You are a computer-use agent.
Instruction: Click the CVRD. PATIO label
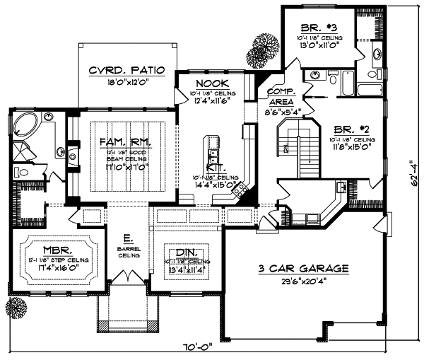click(126, 71)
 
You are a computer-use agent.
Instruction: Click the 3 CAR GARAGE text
click(304, 269)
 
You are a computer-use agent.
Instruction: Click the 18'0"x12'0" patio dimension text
click(126, 81)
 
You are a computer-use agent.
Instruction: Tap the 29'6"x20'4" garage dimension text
click(304, 281)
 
